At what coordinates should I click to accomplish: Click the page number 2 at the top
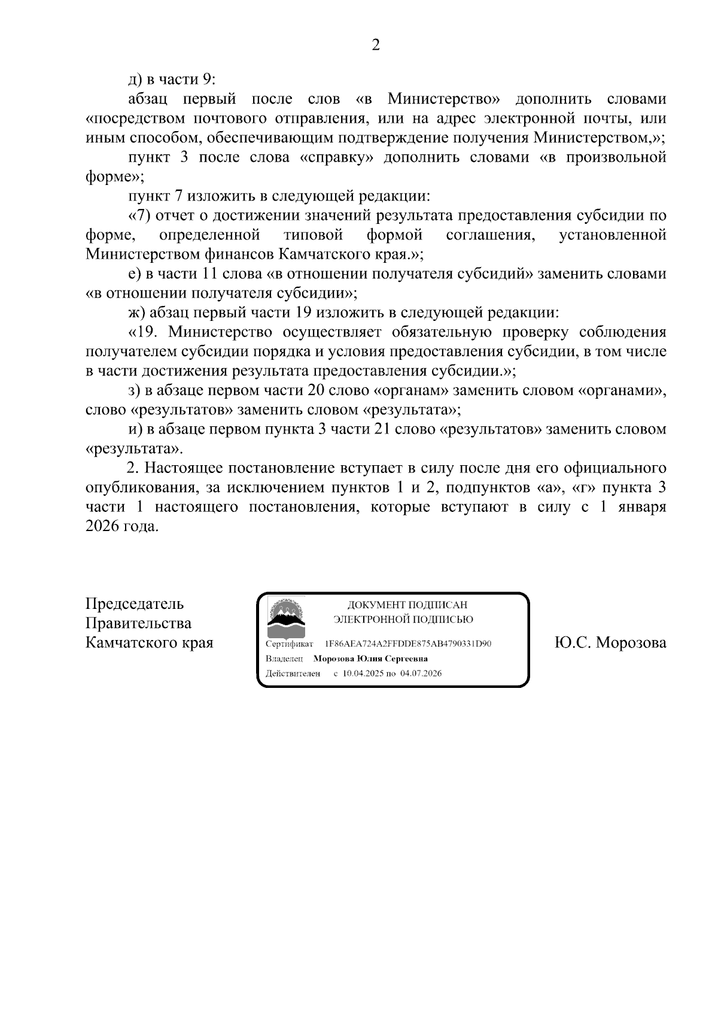376,45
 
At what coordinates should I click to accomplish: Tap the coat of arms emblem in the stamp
286,618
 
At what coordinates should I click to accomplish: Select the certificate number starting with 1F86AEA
407,644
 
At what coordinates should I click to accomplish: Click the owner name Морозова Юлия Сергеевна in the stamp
370,659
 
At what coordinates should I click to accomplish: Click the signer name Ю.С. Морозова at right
610,643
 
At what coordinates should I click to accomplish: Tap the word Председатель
135,603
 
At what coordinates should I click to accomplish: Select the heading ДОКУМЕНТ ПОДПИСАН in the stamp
407,606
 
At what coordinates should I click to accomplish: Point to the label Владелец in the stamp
284,659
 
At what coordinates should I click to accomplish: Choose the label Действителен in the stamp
293,674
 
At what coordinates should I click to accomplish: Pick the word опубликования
141,488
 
